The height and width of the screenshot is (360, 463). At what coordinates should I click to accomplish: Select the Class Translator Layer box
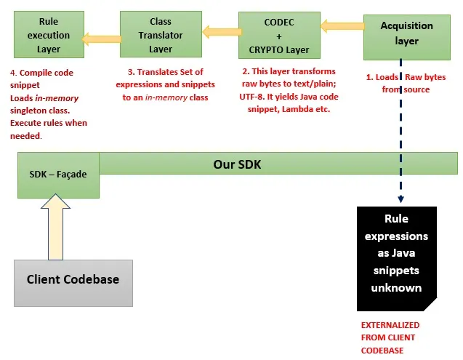(161, 34)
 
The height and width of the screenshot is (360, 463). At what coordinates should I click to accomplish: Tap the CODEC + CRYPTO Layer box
(278, 36)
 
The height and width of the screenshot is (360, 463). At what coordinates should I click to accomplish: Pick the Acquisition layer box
(406, 33)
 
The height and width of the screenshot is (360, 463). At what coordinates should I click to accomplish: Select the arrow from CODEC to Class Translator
(220, 31)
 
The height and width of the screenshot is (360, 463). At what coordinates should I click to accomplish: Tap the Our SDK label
(236, 164)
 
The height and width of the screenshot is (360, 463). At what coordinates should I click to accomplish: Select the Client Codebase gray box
(73, 279)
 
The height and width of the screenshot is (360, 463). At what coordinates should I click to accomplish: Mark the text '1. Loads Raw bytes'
(405, 78)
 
